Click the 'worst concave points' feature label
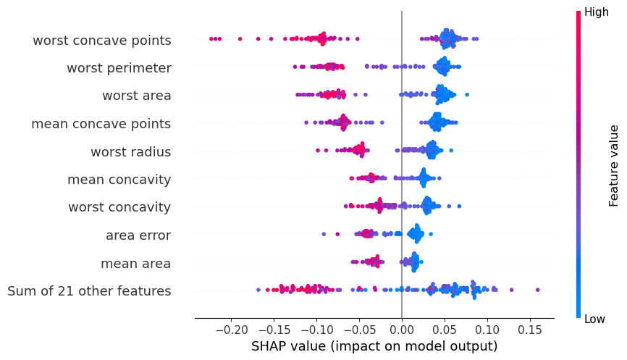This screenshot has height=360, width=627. tap(102, 41)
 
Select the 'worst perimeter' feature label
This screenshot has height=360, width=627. tap(119, 68)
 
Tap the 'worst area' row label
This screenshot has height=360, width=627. tap(137, 96)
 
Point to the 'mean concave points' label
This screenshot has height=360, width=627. tap(101, 124)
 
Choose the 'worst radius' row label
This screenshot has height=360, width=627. tap(131, 152)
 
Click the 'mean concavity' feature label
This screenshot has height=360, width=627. tap(119, 180)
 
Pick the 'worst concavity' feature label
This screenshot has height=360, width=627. tap(119, 207)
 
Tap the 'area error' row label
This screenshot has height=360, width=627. tap(138, 235)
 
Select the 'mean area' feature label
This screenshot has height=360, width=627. tap(136, 264)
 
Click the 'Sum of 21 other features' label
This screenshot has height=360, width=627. tap(89, 290)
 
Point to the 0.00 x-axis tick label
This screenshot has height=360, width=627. tap(402, 330)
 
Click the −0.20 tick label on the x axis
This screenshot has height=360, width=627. tap(231, 330)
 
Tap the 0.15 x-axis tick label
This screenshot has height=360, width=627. tap(530, 330)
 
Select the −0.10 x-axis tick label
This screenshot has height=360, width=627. tap(316, 330)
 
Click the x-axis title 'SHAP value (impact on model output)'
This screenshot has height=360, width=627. tap(374, 346)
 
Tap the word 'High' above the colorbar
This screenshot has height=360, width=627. tap(596, 12)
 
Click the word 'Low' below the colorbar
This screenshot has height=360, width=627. tap(594, 319)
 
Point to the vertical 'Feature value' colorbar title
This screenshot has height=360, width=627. tap(613, 166)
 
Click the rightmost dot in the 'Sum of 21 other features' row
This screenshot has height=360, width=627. tap(537, 290)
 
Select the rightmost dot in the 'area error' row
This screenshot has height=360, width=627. tap(431, 235)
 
